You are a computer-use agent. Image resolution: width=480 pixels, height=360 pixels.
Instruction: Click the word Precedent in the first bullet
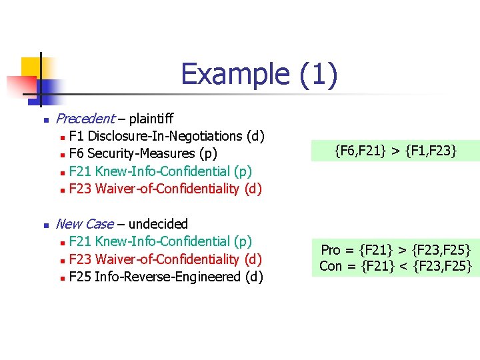click(85, 119)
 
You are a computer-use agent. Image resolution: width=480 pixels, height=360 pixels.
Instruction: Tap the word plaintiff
click(151, 119)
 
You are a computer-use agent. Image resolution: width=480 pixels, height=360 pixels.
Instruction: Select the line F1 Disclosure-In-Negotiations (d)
click(167, 136)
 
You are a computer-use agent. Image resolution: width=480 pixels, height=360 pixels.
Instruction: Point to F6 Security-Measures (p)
click(143, 153)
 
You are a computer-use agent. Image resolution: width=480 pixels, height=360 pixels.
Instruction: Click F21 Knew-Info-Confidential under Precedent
click(160, 171)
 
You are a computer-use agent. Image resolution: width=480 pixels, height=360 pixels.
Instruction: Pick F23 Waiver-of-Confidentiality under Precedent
click(165, 189)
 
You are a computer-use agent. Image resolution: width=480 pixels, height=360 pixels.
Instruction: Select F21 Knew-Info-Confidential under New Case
click(160, 241)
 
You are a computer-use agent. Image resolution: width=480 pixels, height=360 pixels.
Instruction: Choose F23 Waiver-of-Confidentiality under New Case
click(165, 259)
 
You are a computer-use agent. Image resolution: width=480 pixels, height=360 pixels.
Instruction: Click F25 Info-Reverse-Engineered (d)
click(166, 276)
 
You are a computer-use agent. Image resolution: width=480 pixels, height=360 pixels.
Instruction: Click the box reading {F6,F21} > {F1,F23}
click(396, 151)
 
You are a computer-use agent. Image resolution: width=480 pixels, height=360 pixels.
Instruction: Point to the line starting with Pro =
click(396, 250)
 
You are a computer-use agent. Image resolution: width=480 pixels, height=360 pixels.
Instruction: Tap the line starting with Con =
click(396, 266)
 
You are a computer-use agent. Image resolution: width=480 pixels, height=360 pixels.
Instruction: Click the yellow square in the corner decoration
click(31, 67)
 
